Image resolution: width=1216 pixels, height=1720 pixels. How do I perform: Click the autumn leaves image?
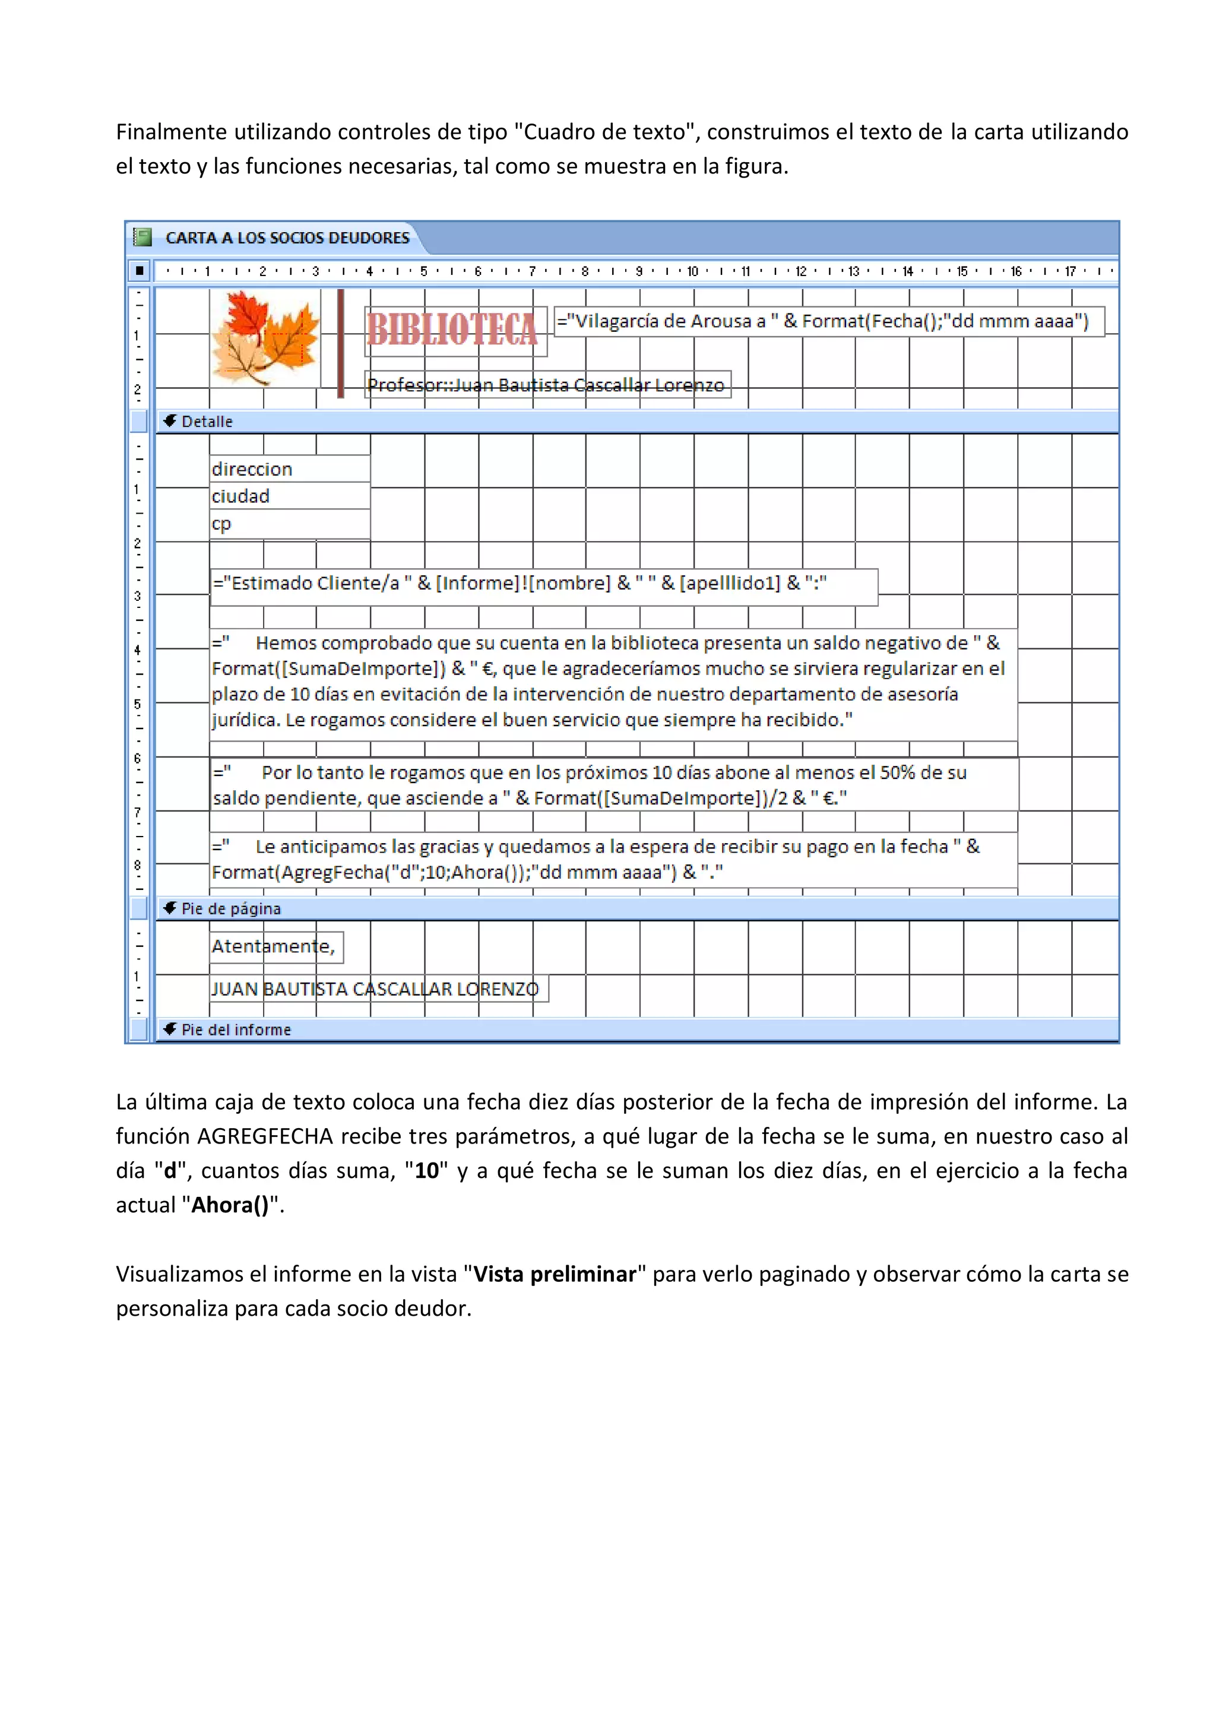point(266,338)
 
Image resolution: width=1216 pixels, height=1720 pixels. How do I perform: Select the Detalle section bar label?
point(207,422)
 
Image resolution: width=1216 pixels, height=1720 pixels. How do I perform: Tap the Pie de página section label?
point(231,909)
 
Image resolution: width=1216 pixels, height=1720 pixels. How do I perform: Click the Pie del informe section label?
point(235,1030)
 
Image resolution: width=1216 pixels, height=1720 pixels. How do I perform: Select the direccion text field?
point(289,470)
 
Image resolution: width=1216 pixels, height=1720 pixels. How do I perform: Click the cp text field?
point(289,524)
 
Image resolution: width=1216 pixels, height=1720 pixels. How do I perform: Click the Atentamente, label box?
point(275,947)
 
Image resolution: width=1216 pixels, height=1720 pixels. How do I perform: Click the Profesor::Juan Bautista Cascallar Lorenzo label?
point(546,385)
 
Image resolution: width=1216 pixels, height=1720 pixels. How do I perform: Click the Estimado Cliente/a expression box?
point(543,584)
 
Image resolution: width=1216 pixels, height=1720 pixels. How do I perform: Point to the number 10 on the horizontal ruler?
point(692,271)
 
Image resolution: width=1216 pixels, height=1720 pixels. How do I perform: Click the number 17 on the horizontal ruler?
point(1070,271)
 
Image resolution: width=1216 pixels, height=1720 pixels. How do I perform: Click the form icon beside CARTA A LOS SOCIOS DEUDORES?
point(142,237)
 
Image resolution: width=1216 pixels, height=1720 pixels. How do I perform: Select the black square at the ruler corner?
point(140,271)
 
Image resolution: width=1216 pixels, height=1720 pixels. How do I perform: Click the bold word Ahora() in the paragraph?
point(229,1205)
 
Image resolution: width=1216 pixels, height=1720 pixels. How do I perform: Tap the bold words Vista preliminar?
point(555,1274)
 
